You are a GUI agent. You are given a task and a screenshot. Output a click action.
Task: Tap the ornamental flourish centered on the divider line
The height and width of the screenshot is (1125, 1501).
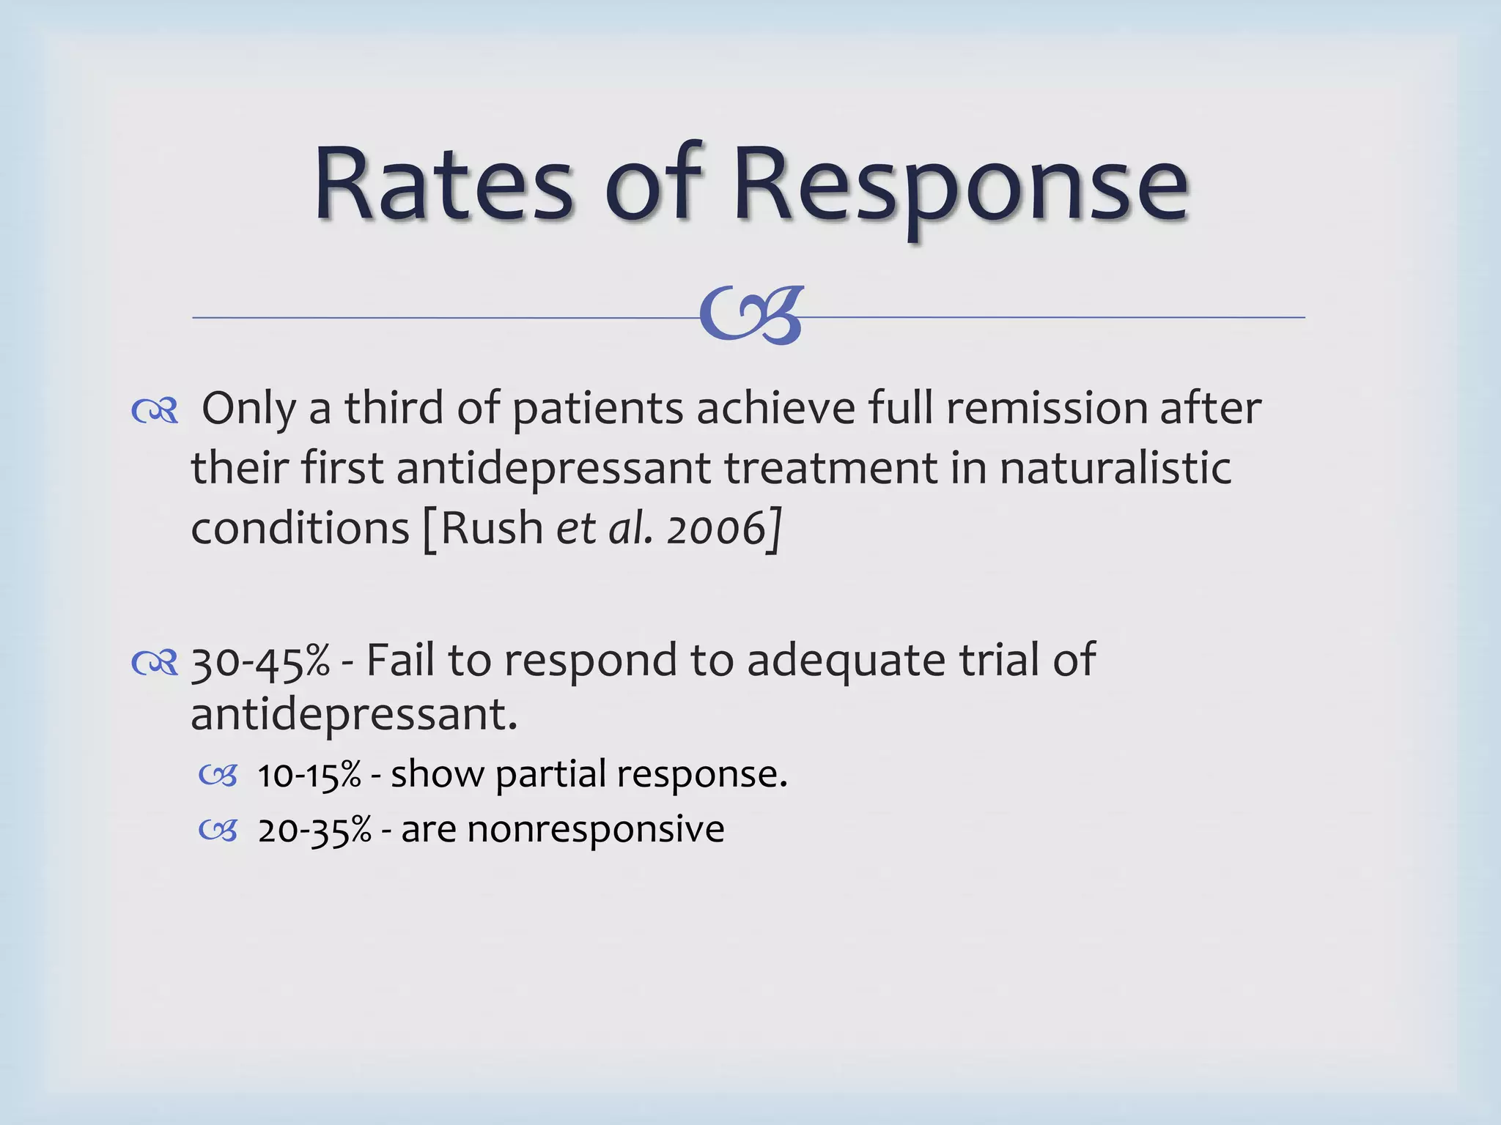[751, 315]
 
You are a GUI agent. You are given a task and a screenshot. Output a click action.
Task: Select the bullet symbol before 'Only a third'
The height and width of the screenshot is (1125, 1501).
[155, 412]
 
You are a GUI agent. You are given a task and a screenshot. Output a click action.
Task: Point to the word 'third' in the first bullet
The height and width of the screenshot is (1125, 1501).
[394, 408]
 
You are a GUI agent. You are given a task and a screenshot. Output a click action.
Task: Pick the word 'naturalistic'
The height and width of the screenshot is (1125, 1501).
[1115, 468]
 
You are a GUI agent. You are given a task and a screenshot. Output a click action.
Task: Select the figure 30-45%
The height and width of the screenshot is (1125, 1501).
[260, 661]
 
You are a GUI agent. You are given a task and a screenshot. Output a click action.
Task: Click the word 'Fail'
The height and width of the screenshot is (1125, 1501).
[399, 660]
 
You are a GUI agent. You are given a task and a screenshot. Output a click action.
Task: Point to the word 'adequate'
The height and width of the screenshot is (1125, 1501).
[846, 661]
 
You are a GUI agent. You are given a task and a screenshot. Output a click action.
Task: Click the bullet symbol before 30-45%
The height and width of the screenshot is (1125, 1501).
[155, 664]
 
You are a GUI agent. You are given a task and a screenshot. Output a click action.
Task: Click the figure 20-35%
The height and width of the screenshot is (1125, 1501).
[314, 831]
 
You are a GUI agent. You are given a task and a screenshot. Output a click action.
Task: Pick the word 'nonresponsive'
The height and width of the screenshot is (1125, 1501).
[595, 831]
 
